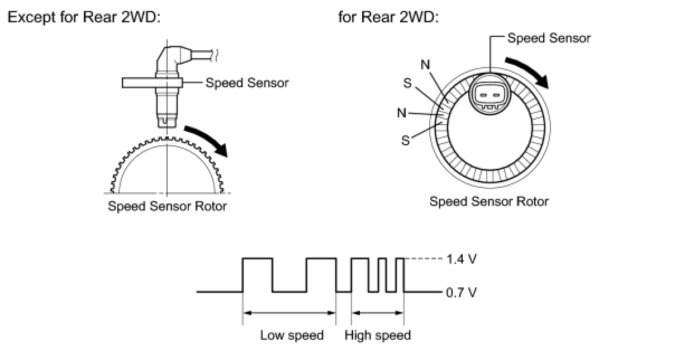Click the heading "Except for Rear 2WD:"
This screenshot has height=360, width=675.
pos(84,17)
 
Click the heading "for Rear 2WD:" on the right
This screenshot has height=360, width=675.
pos(388,17)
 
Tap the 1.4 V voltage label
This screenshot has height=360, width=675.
pos(462,259)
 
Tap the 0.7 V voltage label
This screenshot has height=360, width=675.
pos(462,292)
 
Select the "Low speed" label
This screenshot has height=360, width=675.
pos(292,335)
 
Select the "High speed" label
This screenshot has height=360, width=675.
pos(378,335)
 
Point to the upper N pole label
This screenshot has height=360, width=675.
pos(425,64)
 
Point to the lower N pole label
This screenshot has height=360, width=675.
pos(402,113)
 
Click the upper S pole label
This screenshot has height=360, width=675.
pos(407,83)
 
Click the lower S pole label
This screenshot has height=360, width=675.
pos(406,140)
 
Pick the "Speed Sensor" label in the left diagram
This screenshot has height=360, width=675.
pos(247,83)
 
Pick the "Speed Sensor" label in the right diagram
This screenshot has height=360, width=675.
pos(549,38)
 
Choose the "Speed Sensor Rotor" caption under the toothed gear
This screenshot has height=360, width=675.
pos(167,206)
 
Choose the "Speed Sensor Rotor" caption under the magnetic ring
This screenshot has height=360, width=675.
pos(489,201)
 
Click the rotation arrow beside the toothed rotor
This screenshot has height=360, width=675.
pos(207,140)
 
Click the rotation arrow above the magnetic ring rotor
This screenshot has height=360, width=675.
pos(528,72)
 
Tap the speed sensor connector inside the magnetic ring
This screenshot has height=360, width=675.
pos(489,96)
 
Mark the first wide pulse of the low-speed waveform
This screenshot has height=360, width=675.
pos(258,275)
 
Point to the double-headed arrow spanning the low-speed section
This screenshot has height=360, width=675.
pos(289,313)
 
